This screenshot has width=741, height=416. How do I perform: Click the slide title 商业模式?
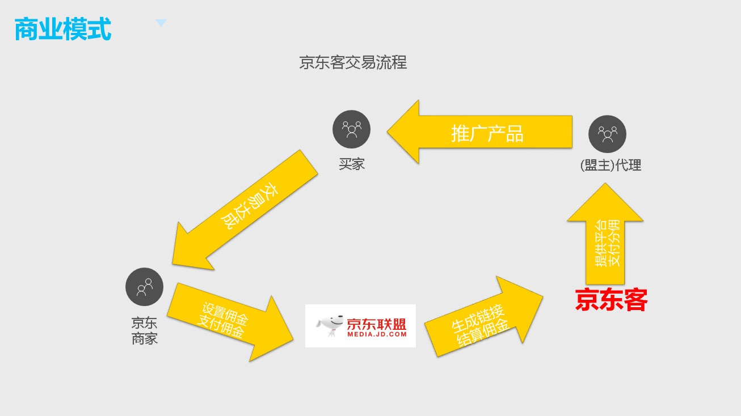[62, 29]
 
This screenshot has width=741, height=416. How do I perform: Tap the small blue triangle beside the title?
[161, 23]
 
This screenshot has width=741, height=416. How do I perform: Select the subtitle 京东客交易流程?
[353, 62]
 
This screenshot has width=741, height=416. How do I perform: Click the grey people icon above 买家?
[351, 129]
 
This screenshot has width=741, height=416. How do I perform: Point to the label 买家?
[351, 165]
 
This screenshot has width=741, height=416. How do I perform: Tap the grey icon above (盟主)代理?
[607, 134]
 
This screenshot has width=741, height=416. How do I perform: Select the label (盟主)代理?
[611, 165]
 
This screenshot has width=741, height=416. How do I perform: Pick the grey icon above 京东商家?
[144, 287]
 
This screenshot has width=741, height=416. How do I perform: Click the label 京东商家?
[144, 331]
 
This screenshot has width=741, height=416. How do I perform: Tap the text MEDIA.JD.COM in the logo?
[377, 334]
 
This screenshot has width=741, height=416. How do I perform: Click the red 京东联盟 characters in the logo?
[377, 324]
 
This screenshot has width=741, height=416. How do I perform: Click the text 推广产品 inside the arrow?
[487, 134]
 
